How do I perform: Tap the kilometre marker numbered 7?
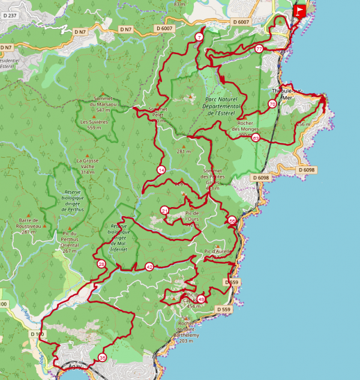(199, 38)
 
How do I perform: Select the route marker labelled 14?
(161, 170)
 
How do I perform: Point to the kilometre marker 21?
(165, 210)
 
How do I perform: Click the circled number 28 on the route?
(101, 264)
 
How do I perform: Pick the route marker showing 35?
(103, 358)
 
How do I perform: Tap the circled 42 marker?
(149, 267)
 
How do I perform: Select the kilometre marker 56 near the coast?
(232, 221)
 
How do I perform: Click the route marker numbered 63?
(256, 138)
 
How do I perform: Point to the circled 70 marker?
(272, 104)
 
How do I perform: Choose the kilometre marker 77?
(259, 49)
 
